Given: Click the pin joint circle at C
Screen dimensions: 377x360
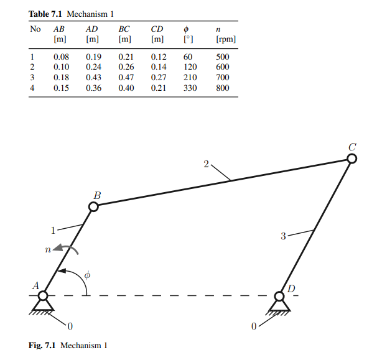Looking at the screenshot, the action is click(x=352, y=159).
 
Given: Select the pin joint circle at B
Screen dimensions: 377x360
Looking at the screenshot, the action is click(x=93, y=206).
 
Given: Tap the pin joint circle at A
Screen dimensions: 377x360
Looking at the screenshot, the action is click(x=44, y=295).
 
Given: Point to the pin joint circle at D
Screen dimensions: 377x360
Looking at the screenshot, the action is click(x=279, y=296).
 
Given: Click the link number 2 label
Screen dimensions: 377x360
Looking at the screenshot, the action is click(x=207, y=164).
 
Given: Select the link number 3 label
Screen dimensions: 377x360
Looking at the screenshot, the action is click(x=283, y=236).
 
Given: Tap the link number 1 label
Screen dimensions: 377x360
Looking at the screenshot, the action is click(x=54, y=229).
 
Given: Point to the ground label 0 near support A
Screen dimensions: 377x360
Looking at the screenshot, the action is click(x=70, y=325).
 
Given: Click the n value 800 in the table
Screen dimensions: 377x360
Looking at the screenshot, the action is click(x=223, y=88).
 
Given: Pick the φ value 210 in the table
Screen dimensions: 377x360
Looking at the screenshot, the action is click(x=190, y=78).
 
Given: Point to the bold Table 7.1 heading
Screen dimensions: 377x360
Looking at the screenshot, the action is click(x=46, y=13).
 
